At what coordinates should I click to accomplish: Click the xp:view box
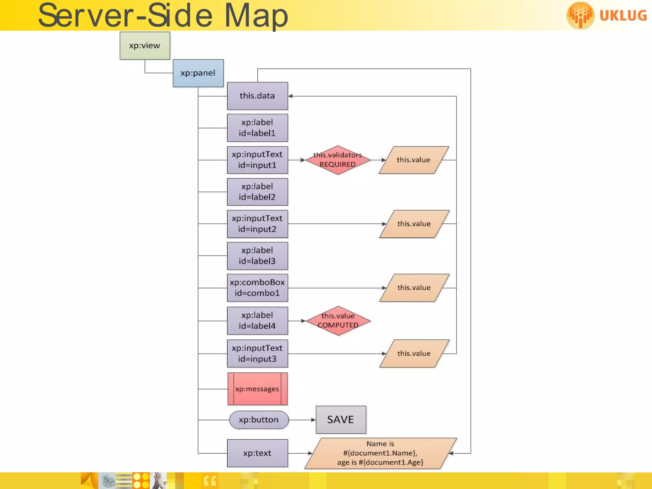click(x=145, y=46)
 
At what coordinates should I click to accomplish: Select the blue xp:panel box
click(x=198, y=73)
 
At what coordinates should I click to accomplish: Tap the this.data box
click(x=257, y=96)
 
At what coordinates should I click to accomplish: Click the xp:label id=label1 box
click(x=257, y=128)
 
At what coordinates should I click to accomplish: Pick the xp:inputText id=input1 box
click(x=257, y=160)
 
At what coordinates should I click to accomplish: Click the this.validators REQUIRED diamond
click(x=338, y=160)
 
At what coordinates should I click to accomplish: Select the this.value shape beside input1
click(x=414, y=160)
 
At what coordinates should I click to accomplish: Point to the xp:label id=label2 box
click(x=257, y=192)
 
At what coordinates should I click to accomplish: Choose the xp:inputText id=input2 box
click(x=257, y=224)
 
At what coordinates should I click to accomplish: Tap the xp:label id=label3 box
click(x=257, y=256)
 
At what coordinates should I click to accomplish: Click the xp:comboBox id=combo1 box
click(x=257, y=288)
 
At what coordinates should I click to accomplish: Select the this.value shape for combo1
click(x=414, y=288)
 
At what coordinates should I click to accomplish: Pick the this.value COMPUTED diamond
click(x=338, y=321)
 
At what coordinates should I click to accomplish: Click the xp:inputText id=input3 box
click(x=257, y=353)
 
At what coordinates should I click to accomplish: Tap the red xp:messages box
click(x=257, y=389)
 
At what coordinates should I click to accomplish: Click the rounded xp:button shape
click(x=259, y=420)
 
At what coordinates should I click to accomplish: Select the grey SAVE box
click(x=341, y=420)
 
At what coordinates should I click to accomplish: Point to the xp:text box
click(x=257, y=453)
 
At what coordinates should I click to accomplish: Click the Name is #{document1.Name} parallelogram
click(x=380, y=453)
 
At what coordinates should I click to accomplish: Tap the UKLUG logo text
click(x=623, y=16)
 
